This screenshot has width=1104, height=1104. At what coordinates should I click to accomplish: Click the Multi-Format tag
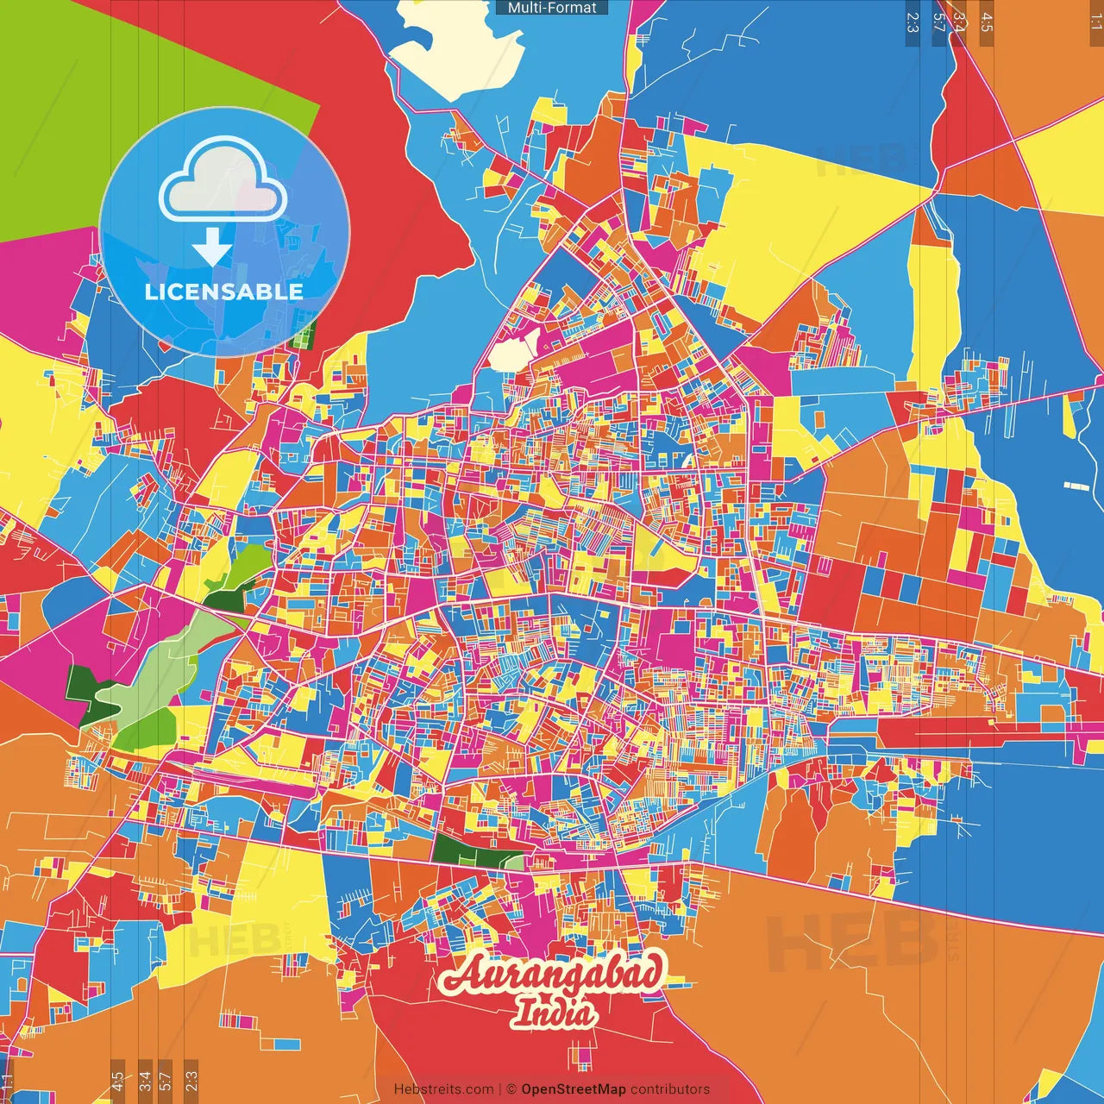[552, 8]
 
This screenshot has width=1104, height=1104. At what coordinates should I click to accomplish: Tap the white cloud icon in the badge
[223, 183]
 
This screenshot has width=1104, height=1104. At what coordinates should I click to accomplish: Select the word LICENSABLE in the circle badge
[224, 292]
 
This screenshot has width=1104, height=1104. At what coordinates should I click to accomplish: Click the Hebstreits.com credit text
[443, 1089]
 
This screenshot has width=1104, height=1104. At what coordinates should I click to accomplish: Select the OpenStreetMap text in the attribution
[573, 1089]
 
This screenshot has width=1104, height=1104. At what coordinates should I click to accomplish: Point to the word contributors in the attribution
[670, 1089]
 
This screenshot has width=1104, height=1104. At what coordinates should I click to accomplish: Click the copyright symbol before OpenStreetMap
[511, 1089]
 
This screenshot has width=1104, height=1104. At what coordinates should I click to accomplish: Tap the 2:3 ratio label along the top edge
[913, 22]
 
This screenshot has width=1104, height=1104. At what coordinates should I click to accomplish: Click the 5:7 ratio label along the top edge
[939, 22]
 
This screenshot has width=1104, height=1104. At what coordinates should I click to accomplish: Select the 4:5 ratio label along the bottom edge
[117, 1081]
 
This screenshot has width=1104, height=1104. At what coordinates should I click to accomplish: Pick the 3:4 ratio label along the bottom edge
[145, 1081]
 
